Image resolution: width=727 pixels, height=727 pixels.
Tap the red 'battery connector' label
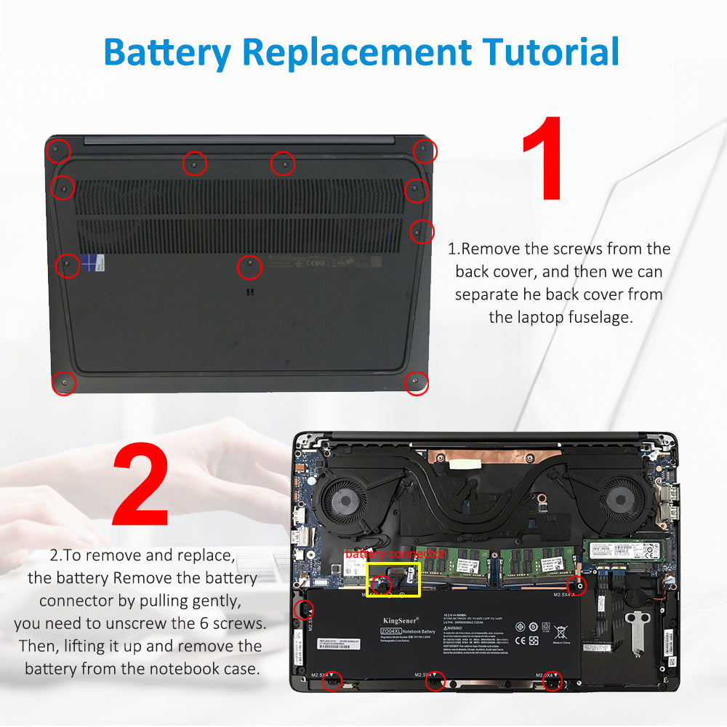[395, 554]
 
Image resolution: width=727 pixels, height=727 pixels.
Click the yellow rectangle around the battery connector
[393, 580]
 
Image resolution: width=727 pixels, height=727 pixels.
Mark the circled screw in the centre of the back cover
[250, 266]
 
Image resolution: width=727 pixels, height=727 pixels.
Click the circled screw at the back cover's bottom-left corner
[63, 382]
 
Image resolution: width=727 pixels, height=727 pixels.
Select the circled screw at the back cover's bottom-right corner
[416, 382]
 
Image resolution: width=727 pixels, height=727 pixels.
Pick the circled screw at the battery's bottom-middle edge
[435, 680]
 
